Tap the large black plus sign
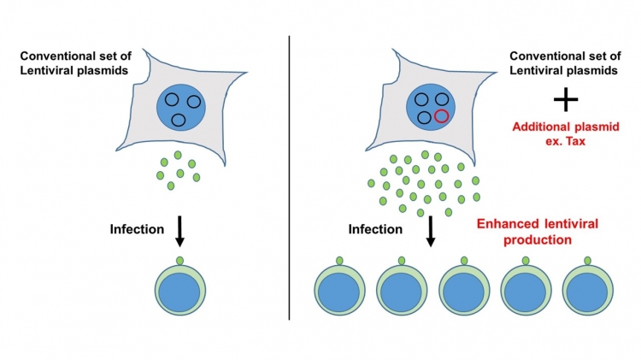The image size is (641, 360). click(566, 99)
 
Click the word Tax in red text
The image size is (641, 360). click(576, 142)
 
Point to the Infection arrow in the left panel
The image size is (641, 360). click(179, 232)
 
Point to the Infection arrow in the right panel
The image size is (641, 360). click(431, 232)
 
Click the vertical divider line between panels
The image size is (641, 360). click(289, 178)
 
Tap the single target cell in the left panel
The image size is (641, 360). click(179, 290)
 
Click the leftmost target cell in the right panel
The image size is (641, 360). click(339, 290)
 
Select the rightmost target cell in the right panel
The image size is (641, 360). click(588, 290)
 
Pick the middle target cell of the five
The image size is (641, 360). click(464, 290)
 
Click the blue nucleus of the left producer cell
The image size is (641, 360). click(181, 108)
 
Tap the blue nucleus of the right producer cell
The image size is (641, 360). click(431, 108)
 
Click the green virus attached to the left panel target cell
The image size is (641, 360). click(179, 261)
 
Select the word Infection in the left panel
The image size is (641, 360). click(137, 229)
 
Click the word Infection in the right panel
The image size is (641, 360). click(375, 229)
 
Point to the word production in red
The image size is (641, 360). click(538, 240)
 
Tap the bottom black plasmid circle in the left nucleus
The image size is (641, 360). click(179, 121)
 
